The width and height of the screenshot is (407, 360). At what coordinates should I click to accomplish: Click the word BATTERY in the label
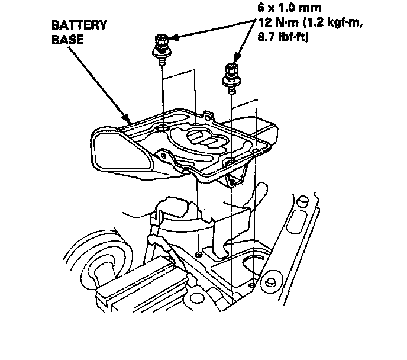[79, 25]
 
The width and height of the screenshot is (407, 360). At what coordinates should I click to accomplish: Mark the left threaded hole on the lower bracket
[198, 255]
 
